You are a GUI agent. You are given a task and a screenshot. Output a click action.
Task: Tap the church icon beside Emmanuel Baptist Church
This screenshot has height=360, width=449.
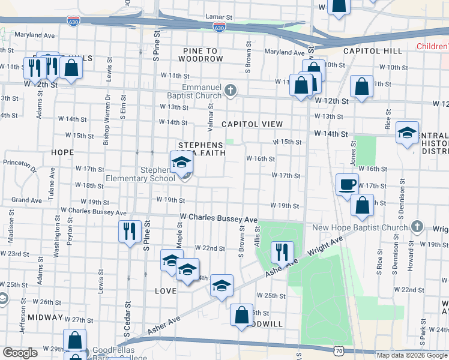(x=230, y=91)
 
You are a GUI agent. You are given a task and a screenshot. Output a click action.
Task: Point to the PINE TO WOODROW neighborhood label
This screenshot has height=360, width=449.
(x=200, y=59)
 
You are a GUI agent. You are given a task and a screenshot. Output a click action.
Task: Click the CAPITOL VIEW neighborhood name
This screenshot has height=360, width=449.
(x=252, y=124)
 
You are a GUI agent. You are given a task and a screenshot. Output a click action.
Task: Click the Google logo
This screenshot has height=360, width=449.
(x=20, y=353)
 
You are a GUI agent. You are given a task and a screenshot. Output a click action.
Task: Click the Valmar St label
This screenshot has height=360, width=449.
(x=211, y=114)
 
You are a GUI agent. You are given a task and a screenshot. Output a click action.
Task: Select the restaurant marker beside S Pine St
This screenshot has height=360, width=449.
(x=130, y=231)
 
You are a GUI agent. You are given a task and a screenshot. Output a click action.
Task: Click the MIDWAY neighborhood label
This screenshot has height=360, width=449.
(x=41, y=316)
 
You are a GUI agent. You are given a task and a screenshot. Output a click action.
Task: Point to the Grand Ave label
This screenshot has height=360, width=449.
(x=26, y=200)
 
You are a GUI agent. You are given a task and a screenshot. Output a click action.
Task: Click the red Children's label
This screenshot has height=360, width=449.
(x=432, y=46)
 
